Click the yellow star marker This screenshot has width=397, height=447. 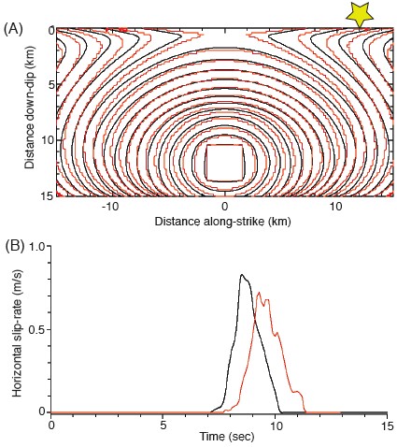point(359,12)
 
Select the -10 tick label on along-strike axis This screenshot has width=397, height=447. point(110,208)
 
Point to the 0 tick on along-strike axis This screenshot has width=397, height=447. point(224,208)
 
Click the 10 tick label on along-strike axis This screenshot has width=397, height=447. point(335,208)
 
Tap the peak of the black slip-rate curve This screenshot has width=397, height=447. point(242,275)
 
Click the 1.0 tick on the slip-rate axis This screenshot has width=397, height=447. point(37,245)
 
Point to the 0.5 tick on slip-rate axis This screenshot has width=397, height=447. point(37,328)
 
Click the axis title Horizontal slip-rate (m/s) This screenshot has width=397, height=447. point(19,327)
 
